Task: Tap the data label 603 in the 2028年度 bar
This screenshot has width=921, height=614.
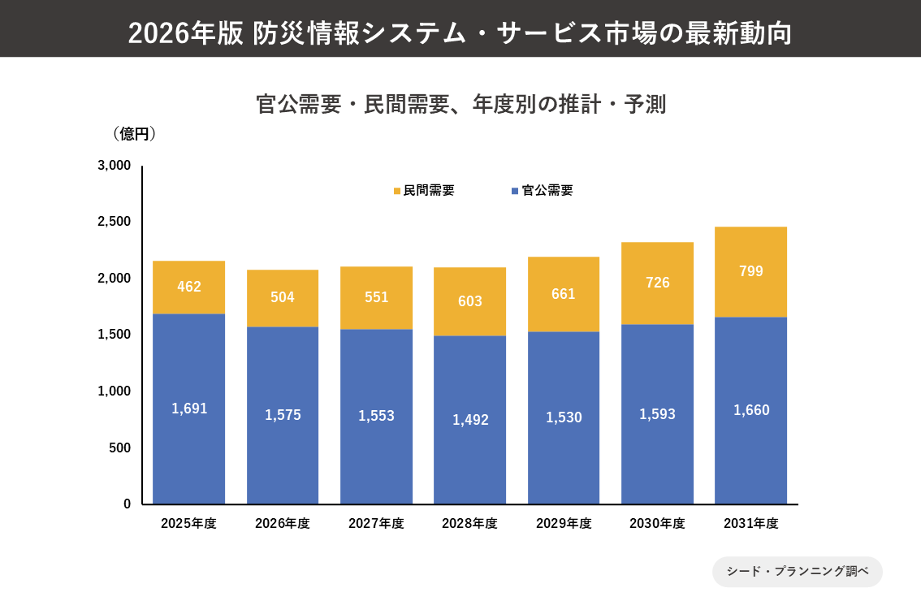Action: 469,301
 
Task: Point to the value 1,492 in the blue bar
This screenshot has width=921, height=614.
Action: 469,420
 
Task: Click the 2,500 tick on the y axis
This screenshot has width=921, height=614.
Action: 114,222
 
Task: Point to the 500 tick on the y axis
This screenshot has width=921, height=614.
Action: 120,448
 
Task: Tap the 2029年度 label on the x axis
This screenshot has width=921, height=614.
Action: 563,524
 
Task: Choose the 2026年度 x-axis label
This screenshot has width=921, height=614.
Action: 282,524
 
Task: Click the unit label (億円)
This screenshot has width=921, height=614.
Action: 129,134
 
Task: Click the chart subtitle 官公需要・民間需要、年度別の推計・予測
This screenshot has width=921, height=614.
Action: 460,105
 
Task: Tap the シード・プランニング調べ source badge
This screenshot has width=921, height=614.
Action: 797,571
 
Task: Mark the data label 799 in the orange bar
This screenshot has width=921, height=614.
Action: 750,271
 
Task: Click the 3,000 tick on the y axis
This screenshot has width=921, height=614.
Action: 114,166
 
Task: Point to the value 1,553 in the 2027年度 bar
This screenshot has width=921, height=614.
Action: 376,416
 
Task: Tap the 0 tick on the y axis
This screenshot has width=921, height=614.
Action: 127,504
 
